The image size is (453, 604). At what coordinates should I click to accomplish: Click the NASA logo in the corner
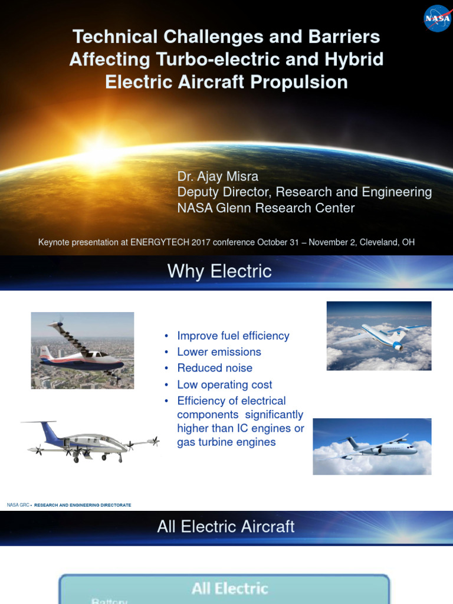[x=437, y=18]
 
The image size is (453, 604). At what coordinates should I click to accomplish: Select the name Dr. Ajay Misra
[x=218, y=176]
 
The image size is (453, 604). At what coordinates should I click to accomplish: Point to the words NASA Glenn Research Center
[x=266, y=208]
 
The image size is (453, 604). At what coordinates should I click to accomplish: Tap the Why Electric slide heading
[x=219, y=271]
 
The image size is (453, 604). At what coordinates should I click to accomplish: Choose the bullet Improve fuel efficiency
[x=233, y=336]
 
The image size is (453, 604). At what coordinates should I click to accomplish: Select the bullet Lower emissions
[x=219, y=352]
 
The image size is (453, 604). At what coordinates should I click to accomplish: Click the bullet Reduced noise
[x=215, y=368]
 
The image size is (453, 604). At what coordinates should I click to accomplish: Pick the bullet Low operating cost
[x=225, y=385]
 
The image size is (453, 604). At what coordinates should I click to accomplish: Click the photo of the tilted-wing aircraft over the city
[x=83, y=350]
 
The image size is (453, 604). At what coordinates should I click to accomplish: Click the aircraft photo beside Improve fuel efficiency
[x=379, y=336]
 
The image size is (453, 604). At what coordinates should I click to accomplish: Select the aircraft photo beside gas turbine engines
[x=372, y=447]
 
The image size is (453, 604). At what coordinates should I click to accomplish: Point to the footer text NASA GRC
[x=17, y=505]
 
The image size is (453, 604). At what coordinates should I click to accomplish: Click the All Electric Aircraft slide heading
[x=225, y=527]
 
